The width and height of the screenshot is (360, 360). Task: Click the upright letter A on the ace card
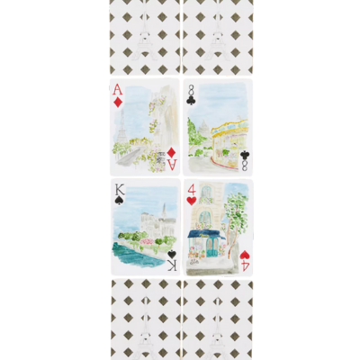pyautogui.click(x=118, y=89)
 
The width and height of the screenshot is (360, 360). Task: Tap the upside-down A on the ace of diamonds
pyautogui.click(x=173, y=164)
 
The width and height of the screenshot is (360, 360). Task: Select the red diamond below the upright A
pyautogui.click(x=118, y=102)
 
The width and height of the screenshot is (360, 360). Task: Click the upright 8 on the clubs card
pyautogui.click(x=190, y=90)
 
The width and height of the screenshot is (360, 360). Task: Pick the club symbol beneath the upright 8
pyautogui.click(x=190, y=102)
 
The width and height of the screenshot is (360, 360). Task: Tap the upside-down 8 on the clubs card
pyautogui.click(x=245, y=165)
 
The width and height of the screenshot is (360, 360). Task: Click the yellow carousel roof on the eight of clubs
pyautogui.click(x=230, y=128)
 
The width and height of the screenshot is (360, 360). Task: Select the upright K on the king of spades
pyautogui.click(x=118, y=190)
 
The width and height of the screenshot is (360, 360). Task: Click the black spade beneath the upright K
pyautogui.click(x=118, y=201)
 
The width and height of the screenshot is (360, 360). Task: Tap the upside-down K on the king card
pyautogui.click(x=172, y=265)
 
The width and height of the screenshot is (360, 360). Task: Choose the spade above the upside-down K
pyautogui.click(x=172, y=255)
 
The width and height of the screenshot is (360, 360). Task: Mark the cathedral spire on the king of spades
pyautogui.click(x=164, y=210)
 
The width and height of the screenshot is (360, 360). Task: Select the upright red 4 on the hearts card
pyautogui.click(x=192, y=190)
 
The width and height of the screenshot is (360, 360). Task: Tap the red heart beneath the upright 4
pyautogui.click(x=192, y=201)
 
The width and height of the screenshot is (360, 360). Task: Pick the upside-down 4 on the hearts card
pyautogui.click(x=245, y=265)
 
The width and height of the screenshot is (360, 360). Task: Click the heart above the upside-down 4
pyautogui.click(x=245, y=255)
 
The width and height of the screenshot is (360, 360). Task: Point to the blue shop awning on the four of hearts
pyautogui.click(x=206, y=234)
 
